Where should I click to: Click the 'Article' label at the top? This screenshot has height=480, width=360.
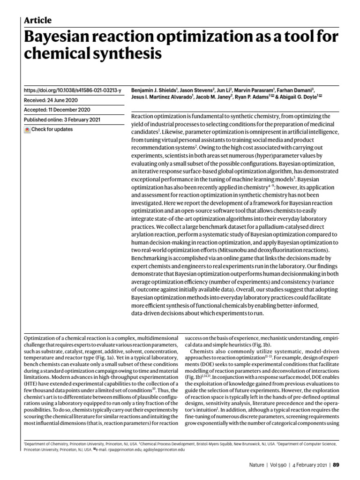37,20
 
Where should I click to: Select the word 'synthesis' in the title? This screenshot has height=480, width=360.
129,54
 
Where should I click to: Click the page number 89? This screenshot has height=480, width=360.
336,465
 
